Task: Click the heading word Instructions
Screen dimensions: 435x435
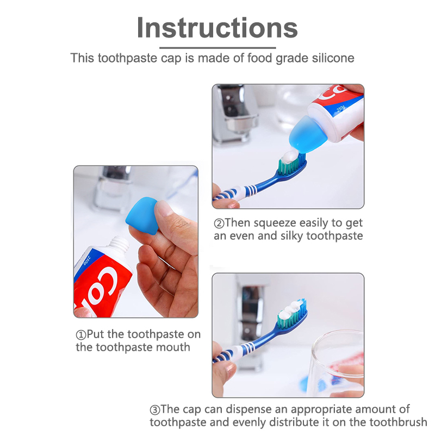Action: [x=217, y=28]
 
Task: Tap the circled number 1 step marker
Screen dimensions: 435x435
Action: [x=81, y=335]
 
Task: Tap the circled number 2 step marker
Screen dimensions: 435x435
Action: [x=219, y=223]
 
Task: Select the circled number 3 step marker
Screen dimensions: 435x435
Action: [x=155, y=410]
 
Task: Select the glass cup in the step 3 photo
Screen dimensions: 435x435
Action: [x=336, y=363]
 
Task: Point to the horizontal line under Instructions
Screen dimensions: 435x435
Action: [x=217, y=48]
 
